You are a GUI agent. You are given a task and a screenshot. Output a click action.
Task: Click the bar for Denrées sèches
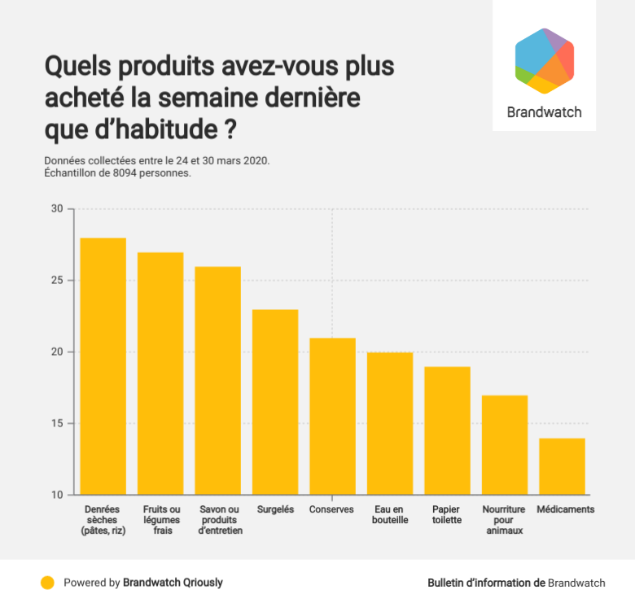click(x=103, y=366)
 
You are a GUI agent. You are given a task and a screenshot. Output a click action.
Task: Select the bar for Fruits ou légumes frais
click(x=160, y=373)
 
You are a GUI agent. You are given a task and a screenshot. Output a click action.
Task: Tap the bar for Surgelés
click(x=275, y=402)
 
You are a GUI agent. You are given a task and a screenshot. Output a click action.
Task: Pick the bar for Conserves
click(x=332, y=416)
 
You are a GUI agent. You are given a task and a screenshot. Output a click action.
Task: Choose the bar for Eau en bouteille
click(x=390, y=423)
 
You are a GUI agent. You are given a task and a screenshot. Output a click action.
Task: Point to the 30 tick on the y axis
click(x=57, y=209)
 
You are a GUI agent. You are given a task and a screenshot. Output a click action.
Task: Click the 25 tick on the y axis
click(x=57, y=281)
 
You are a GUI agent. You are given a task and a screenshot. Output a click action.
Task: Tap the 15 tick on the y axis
click(x=57, y=424)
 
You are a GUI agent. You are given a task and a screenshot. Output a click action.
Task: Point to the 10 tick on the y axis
click(x=57, y=495)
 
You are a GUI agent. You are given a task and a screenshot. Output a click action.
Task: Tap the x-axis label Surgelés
click(x=275, y=510)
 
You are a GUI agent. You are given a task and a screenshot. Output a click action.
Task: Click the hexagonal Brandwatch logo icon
click(x=544, y=61)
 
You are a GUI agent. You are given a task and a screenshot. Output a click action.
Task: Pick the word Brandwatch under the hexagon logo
click(x=544, y=112)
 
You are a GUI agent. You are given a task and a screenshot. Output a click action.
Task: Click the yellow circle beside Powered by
click(x=48, y=583)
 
